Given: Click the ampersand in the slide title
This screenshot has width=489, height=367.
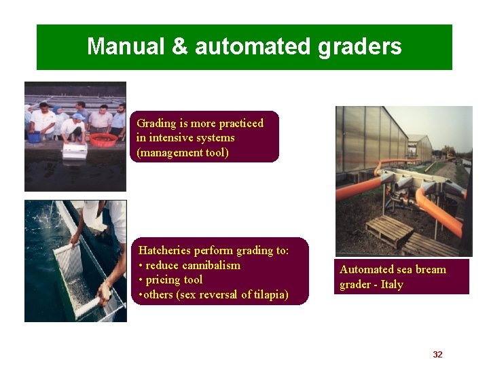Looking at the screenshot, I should [x=179, y=47].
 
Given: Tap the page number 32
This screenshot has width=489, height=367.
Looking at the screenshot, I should [x=437, y=355].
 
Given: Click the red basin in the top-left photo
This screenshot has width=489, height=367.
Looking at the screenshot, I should [x=103, y=140].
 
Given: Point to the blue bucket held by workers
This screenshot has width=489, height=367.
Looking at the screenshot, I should [x=35, y=137].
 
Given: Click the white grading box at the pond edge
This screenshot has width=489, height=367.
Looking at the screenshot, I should [x=75, y=151].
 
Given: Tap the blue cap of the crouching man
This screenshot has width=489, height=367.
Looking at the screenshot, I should [x=79, y=117].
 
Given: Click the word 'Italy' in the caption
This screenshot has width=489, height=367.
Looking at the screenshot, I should [x=391, y=285].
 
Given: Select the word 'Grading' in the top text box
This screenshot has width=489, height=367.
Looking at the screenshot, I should [x=156, y=123].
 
